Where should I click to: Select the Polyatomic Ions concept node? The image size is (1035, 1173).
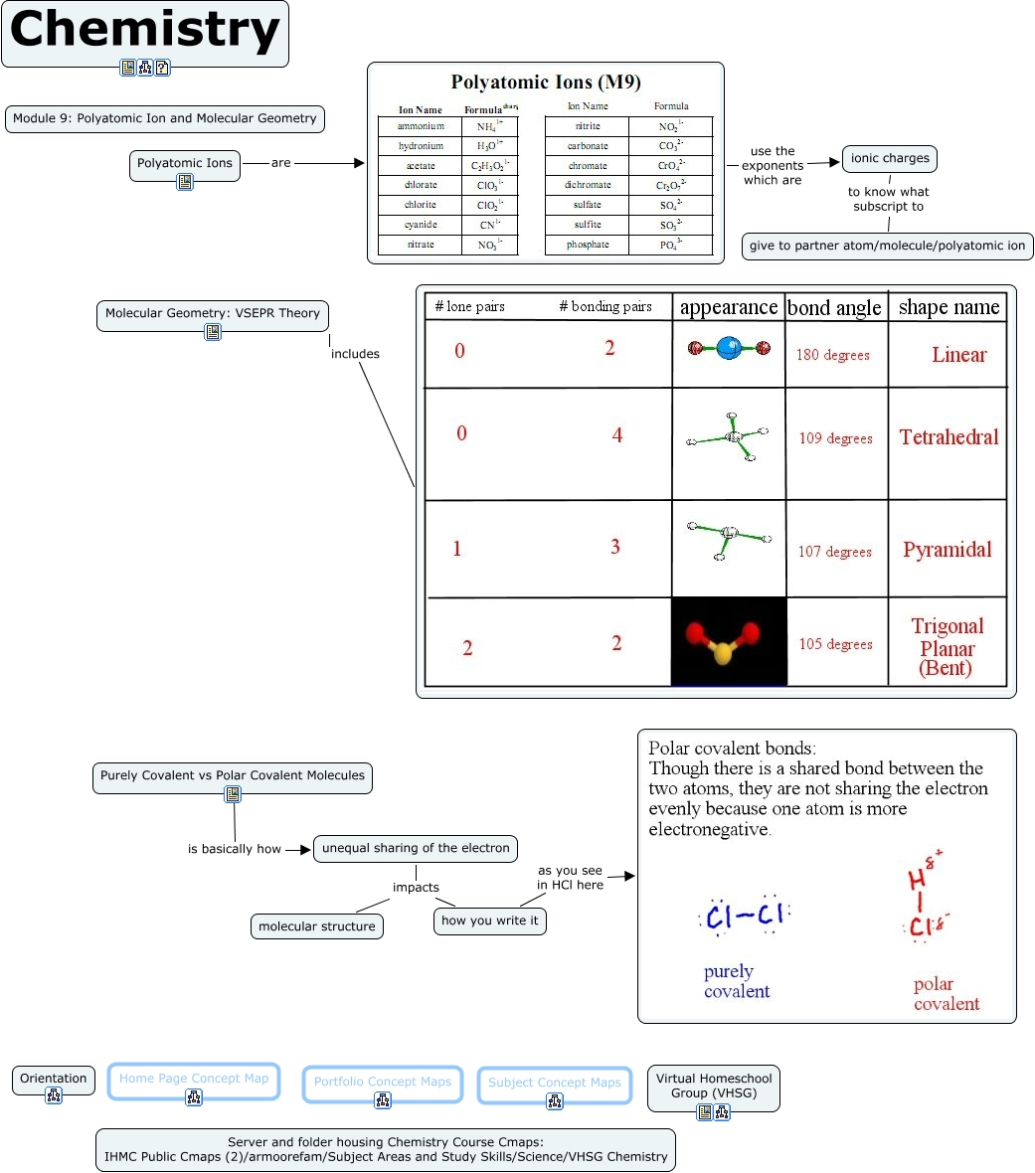185,163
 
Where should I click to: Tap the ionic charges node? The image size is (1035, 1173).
890,158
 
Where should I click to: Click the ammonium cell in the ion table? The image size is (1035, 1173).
421,126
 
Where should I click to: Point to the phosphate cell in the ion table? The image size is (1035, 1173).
588,245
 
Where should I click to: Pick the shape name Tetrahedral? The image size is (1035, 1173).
949,437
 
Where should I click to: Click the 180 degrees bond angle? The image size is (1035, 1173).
833,355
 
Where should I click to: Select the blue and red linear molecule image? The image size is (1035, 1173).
729,349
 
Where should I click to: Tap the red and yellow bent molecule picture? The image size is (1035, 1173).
729,642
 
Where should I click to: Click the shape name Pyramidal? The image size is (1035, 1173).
948,550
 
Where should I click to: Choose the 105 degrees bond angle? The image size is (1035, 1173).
835,644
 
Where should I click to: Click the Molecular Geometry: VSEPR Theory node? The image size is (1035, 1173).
213,313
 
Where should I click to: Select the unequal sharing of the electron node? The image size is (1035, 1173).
416,848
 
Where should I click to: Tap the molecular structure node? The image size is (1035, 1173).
317,926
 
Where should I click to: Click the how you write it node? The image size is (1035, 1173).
489,921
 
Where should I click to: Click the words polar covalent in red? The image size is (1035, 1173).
946,994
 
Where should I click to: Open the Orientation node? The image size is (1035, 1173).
54,1079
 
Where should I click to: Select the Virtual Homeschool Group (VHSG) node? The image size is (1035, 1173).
714,1086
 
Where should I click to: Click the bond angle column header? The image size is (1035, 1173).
834,308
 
